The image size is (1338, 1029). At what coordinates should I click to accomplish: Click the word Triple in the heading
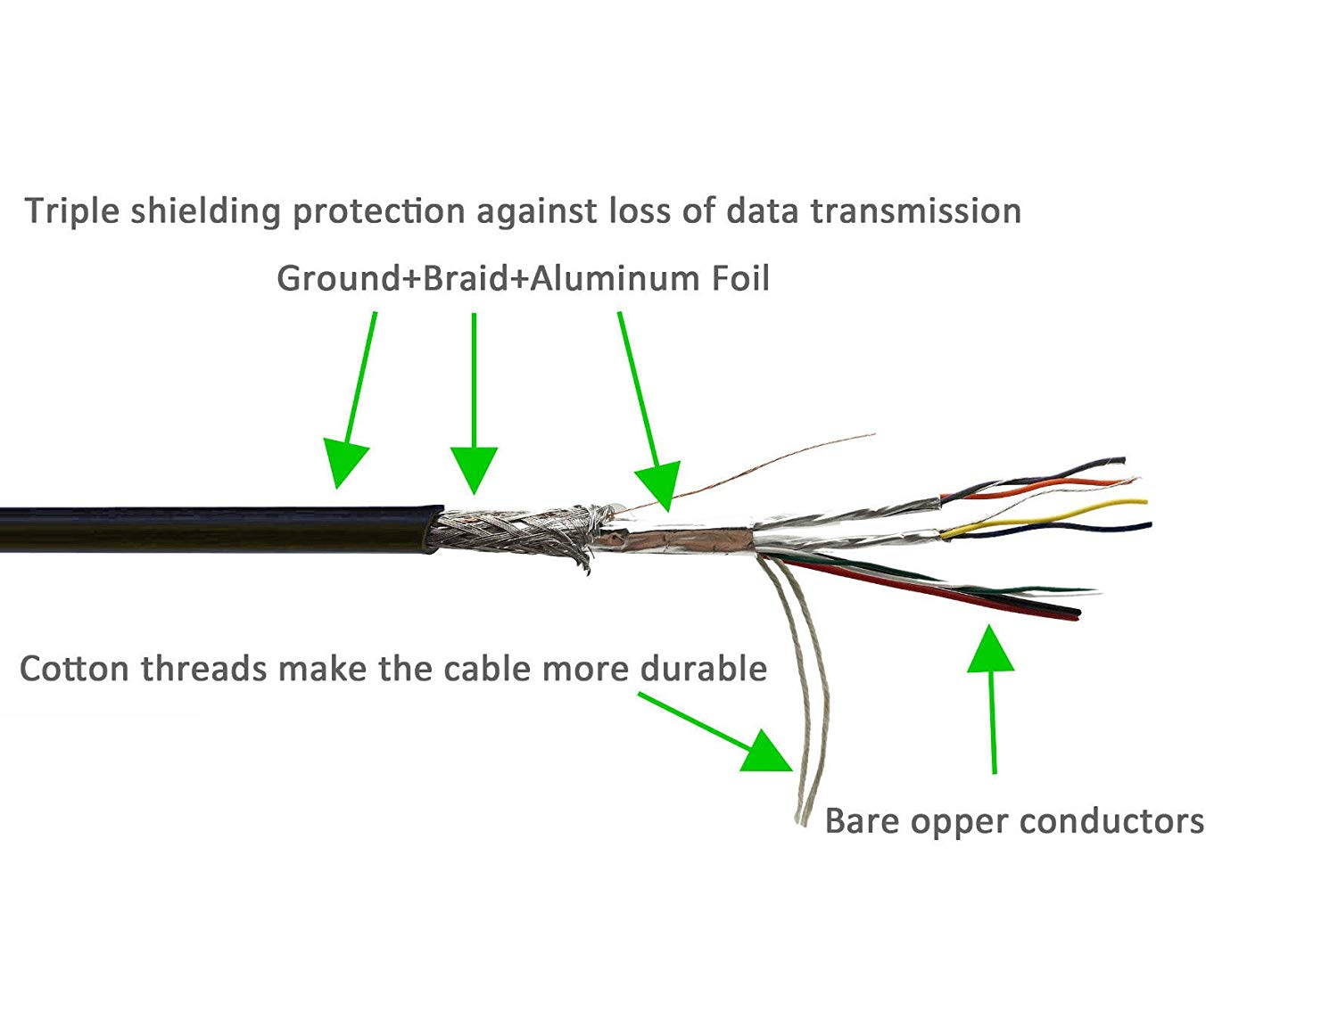coord(72,211)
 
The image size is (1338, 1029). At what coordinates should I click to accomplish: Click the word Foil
coord(739,278)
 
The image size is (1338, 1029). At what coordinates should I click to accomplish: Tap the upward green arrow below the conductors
coord(992,696)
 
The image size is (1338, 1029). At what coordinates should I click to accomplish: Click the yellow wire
coord(1070,511)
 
